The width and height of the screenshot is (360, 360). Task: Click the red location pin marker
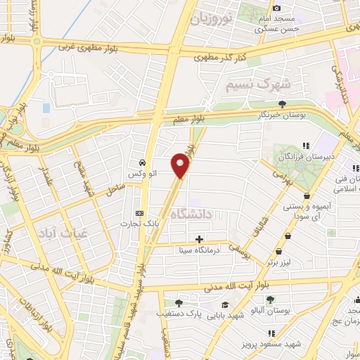[181, 166]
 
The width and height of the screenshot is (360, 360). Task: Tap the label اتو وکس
[141, 172]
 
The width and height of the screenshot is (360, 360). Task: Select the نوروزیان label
[212, 17]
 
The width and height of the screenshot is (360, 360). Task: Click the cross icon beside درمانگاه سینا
[199, 239]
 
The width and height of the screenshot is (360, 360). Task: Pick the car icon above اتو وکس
[142, 160]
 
